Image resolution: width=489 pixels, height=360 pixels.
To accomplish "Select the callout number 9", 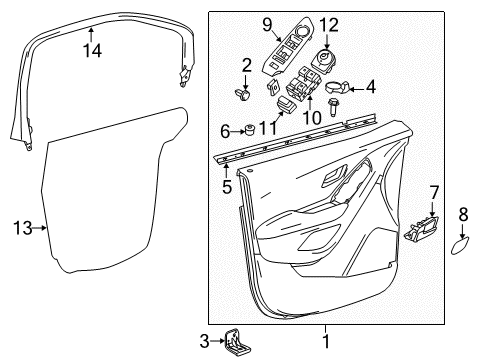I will (x=267, y=23).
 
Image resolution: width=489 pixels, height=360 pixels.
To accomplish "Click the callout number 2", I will (x=246, y=67).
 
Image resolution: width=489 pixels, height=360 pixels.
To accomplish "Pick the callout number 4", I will (x=371, y=87).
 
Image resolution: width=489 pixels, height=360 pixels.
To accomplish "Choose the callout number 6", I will (x=224, y=130).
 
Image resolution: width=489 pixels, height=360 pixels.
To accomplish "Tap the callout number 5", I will (x=226, y=186).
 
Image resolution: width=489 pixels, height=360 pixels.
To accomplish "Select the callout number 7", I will (x=433, y=191).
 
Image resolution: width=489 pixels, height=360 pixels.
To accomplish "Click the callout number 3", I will (x=204, y=341).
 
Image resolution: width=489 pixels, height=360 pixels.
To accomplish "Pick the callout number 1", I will (x=325, y=342).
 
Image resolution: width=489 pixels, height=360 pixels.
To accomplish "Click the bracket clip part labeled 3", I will (x=236, y=341).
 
